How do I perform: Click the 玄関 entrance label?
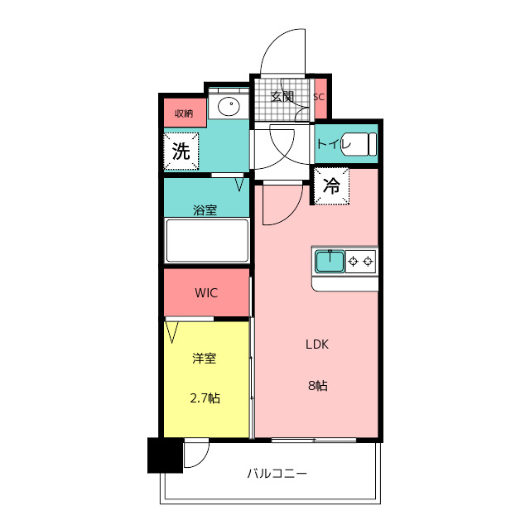[x=282, y=97]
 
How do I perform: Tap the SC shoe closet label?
[x=319, y=97]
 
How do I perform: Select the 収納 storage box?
[x=185, y=113]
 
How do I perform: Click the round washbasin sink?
[x=229, y=106]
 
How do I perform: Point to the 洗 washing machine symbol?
[x=181, y=151]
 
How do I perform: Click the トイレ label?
[x=333, y=144]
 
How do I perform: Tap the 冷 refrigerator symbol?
[x=331, y=185]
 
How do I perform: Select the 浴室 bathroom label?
[x=205, y=210]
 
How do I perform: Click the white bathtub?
[x=207, y=240]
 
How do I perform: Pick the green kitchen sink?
[x=330, y=262]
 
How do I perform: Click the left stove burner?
[x=354, y=262]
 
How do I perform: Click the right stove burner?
[x=368, y=262]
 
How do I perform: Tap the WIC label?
[x=206, y=292]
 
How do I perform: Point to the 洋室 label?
[x=205, y=358]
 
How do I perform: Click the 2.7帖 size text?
[x=205, y=398]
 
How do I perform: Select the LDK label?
[x=317, y=344]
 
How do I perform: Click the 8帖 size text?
[x=318, y=385]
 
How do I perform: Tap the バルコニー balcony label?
[x=277, y=473]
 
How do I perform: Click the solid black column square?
[x=166, y=455]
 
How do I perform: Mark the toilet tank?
[x=372, y=144]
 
